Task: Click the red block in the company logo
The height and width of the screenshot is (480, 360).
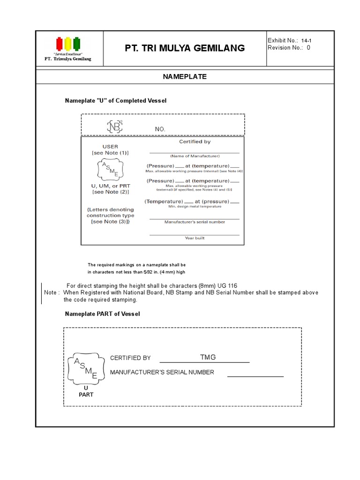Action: pyautogui.click(x=59, y=44)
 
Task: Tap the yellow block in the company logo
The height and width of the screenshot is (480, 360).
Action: pyautogui.click(x=68, y=44)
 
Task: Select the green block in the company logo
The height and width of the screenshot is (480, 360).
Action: pyautogui.click(x=77, y=44)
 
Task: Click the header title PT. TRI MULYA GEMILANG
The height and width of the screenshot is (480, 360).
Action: pyautogui.click(x=185, y=48)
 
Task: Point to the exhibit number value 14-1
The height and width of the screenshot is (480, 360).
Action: pyautogui.click(x=306, y=40)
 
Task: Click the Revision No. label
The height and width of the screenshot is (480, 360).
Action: pyautogui.click(x=285, y=48)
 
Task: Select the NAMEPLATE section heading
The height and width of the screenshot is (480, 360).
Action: pyautogui.click(x=185, y=76)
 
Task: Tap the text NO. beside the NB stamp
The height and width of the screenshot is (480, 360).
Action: pyautogui.click(x=160, y=129)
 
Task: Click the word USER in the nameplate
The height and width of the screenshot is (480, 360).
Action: pyautogui.click(x=110, y=147)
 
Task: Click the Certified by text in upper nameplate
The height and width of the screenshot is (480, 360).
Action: pyautogui.click(x=195, y=142)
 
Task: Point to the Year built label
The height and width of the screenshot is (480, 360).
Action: pyautogui.click(x=195, y=238)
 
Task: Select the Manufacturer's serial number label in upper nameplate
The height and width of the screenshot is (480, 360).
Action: pyautogui.click(x=195, y=222)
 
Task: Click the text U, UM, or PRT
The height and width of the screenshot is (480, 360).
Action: pyautogui.click(x=110, y=186)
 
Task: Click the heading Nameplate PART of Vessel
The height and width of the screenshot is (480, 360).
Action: pyautogui.click(x=102, y=314)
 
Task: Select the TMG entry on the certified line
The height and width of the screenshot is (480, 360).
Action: pyautogui.click(x=208, y=357)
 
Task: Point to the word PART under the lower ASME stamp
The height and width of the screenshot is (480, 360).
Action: pyautogui.click(x=86, y=395)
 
